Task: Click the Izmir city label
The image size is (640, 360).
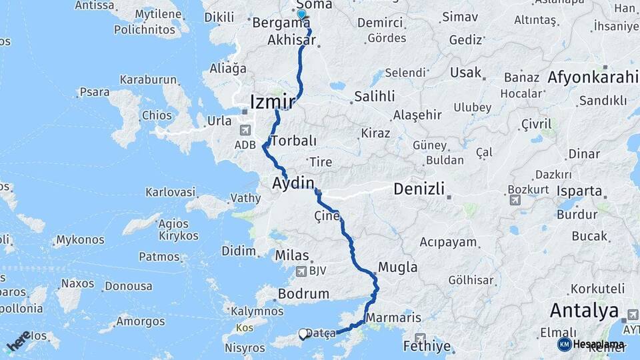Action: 272,102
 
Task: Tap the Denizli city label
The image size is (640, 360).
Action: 419,189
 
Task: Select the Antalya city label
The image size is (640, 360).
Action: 584,310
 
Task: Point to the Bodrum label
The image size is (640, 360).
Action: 304,293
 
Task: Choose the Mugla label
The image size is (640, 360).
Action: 397,267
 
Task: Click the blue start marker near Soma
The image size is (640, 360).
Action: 301,14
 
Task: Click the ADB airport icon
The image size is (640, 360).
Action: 245,131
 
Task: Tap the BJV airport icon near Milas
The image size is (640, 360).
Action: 303,271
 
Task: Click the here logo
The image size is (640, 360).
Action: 19,340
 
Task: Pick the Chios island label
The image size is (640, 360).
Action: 157,115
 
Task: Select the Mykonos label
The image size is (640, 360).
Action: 80,239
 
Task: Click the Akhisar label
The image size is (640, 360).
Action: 291,40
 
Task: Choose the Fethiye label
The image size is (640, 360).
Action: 427,347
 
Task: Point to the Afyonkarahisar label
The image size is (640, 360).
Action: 593,77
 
